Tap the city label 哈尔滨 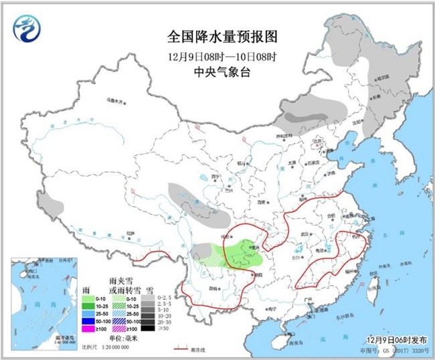pos(382,78)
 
